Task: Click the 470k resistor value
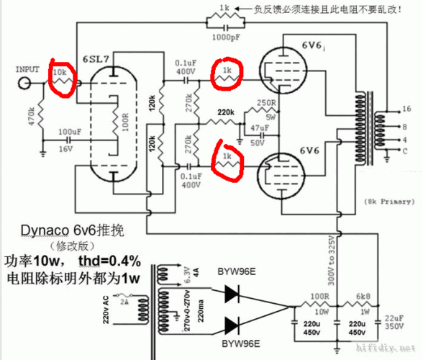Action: pos(31,116)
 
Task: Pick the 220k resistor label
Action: pos(227,112)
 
